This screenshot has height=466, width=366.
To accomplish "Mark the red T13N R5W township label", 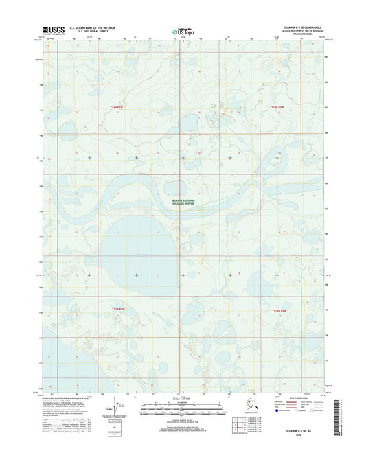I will pos(118,310).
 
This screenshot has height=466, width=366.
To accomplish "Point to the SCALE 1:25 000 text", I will pos(182,399).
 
